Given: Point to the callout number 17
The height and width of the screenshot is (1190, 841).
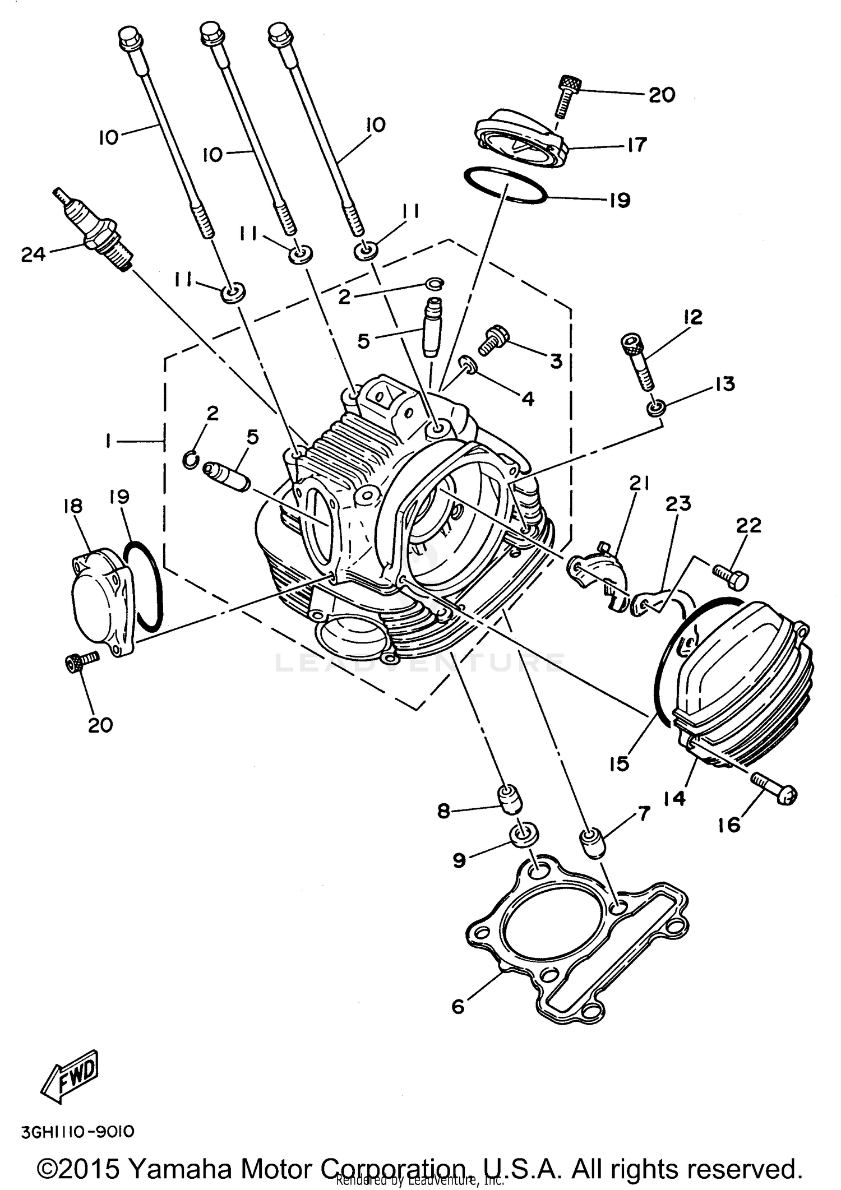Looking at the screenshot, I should pos(636,145).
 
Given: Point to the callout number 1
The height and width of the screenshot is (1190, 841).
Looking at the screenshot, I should pos(107,442).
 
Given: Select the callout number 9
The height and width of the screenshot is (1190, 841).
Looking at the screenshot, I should pos(459,860).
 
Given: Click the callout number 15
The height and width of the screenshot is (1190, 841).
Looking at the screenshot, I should pos(619,763).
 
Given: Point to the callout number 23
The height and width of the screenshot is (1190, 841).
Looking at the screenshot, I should pos(678,503).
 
